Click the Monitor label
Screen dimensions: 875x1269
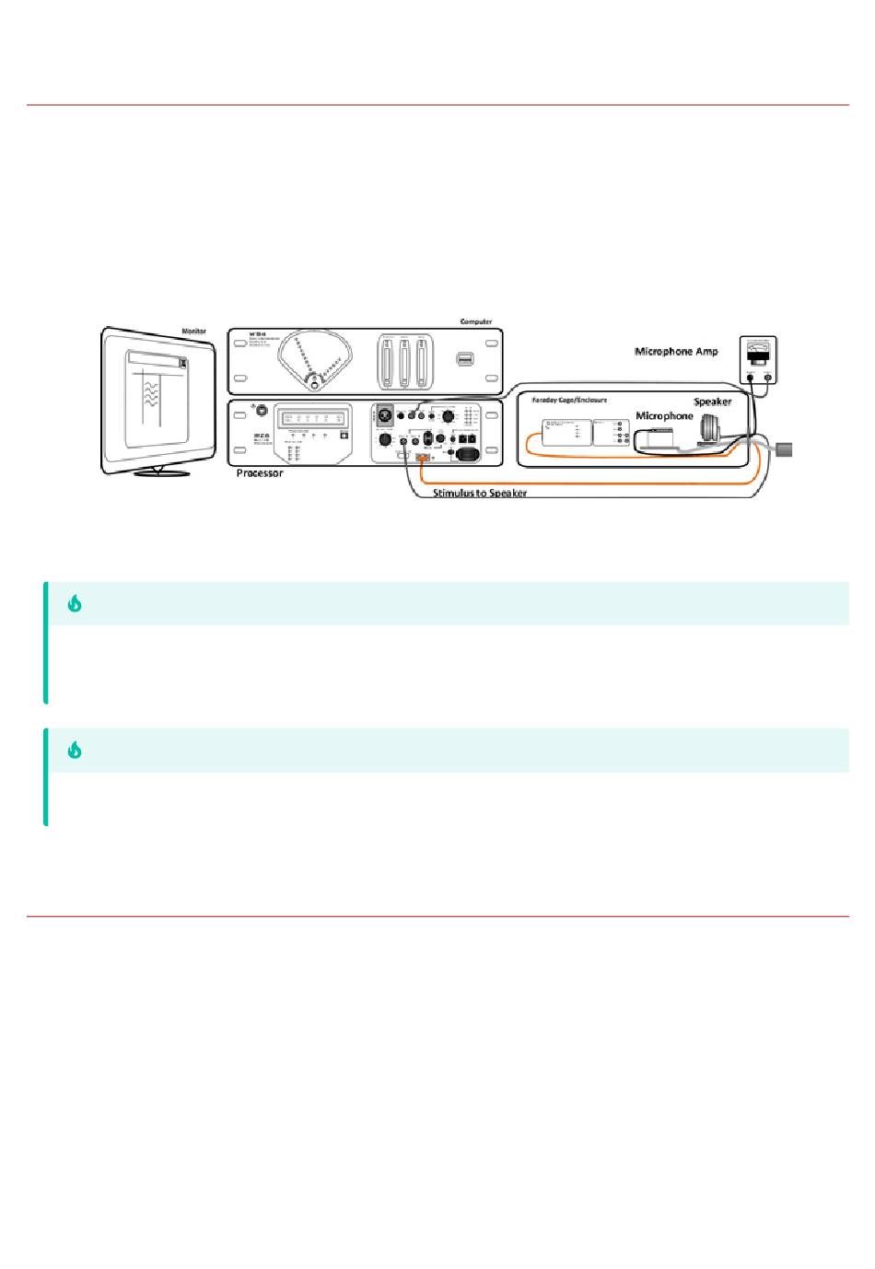194,331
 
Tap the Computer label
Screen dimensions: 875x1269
475,321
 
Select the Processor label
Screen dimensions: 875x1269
259,472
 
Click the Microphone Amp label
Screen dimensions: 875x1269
675,352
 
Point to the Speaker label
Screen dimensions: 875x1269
712,402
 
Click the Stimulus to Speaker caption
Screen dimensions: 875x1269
480,494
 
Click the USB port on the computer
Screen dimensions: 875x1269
465,358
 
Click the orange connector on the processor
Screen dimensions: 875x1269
424,458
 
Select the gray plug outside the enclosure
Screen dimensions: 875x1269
784,450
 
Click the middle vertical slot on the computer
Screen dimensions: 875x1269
402,363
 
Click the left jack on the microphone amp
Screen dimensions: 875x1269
750,378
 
